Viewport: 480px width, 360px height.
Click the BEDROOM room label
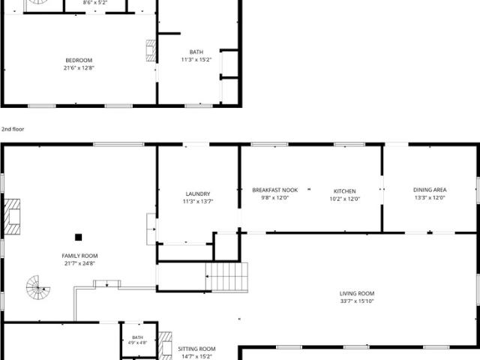click(79, 60)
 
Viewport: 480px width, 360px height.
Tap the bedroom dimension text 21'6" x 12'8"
click(79, 68)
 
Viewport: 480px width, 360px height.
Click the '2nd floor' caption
click(13, 129)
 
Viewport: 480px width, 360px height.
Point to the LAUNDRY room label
click(198, 193)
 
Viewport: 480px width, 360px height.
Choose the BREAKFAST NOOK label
click(275, 190)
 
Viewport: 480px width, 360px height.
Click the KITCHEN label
click(345, 191)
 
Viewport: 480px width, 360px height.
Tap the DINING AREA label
click(430, 190)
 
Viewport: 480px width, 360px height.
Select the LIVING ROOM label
click(357, 293)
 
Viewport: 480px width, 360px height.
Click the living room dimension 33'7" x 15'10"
click(357, 301)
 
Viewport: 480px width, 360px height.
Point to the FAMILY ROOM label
click(79, 256)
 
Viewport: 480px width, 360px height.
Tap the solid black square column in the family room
click(78, 237)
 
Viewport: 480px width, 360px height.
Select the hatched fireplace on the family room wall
click(12, 217)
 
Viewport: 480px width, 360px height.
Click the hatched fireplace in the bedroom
click(151, 50)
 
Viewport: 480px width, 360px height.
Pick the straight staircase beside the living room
click(226, 277)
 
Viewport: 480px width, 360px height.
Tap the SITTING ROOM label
click(196, 349)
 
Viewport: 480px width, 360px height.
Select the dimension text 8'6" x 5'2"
click(95, 3)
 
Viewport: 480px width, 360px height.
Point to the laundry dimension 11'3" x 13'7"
click(198, 202)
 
